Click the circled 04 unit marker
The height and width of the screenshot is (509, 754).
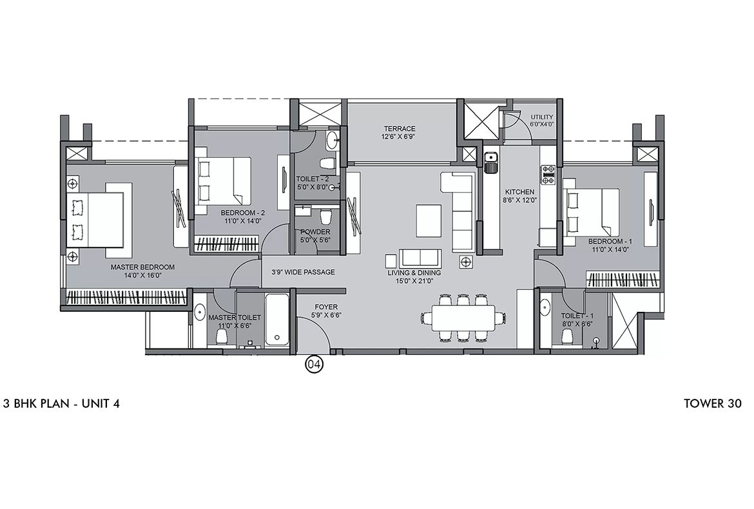pos(314,365)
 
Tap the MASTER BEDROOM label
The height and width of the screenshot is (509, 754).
pos(142,267)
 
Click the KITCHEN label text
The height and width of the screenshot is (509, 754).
pos(519,192)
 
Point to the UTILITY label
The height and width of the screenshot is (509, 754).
pos(541,117)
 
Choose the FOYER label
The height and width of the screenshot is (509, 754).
pos(326,307)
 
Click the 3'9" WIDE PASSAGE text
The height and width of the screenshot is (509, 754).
pos(303,272)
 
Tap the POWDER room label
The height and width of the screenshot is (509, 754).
pos(315,232)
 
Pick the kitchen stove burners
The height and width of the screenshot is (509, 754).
pos(548,171)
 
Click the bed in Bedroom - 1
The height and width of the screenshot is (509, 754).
pos(591,212)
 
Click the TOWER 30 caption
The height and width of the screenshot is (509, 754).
pos(713,404)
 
